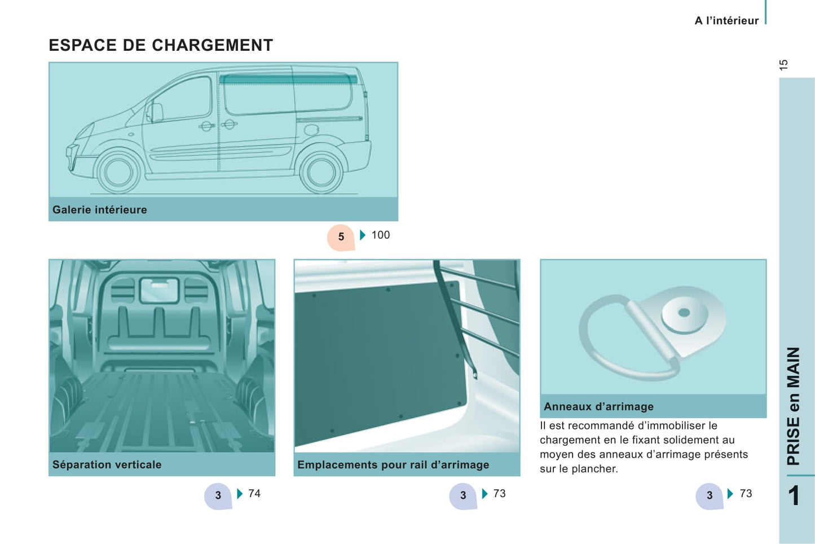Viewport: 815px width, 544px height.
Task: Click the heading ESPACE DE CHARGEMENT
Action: pyautogui.click(x=161, y=45)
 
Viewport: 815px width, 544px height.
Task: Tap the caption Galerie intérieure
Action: pyautogui.click(x=100, y=210)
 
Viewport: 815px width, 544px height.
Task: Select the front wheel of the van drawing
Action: pyautogui.click(x=118, y=172)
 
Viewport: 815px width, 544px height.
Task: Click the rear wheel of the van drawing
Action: pyautogui.click(x=321, y=172)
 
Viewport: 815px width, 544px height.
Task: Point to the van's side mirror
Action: pyautogui.click(x=155, y=113)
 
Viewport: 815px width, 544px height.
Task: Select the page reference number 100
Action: pyautogui.click(x=381, y=235)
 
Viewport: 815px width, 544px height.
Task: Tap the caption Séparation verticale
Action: pyautogui.click(x=107, y=464)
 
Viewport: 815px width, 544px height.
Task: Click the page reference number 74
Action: pyautogui.click(x=254, y=493)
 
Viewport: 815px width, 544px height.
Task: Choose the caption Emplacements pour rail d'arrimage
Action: pyautogui.click(x=393, y=464)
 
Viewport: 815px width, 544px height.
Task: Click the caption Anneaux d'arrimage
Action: pyautogui.click(x=598, y=406)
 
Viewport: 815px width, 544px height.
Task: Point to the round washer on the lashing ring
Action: pyautogui.click(x=684, y=314)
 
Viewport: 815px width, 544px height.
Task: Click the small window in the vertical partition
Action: pyautogui.click(x=159, y=290)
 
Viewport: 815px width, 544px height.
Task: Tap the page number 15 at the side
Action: pyautogui.click(x=784, y=65)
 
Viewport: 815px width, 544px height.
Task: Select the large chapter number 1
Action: pyautogui.click(x=794, y=495)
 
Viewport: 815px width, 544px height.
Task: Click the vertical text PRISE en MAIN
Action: pyautogui.click(x=794, y=406)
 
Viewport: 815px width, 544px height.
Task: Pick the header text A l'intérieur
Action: pyautogui.click(x=726, y=21)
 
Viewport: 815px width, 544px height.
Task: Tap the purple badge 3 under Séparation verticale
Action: pyautogui.click(x=218, y=496)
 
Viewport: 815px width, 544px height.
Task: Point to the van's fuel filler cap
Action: pyautogui.click(x=311, y=129)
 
